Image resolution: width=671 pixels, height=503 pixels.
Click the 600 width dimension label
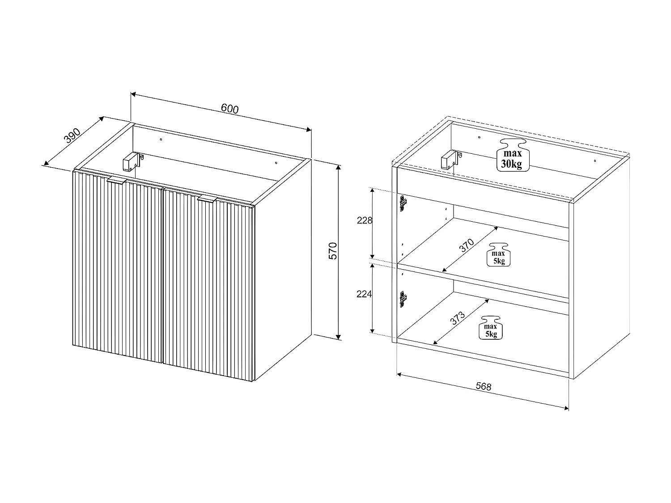230,109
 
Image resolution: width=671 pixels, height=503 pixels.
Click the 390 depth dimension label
72,135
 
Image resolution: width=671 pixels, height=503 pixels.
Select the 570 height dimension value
332,251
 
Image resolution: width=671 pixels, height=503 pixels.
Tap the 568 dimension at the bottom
483,386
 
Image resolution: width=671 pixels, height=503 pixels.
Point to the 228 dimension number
365,220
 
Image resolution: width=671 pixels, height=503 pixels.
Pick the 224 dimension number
365,294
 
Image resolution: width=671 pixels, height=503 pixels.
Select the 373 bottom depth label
458,318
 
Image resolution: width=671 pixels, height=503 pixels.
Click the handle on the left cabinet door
118,180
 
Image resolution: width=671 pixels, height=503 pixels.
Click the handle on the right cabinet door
208,199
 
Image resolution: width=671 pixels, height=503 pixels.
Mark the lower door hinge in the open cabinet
403,299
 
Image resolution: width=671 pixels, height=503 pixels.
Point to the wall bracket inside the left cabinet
131,161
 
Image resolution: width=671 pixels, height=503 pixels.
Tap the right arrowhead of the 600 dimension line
308,130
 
